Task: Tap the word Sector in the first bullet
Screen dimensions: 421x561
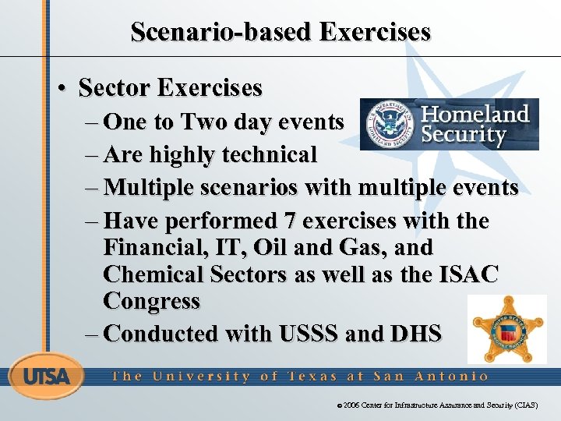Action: point(115,87)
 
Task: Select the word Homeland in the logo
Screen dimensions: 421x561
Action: point(475,114)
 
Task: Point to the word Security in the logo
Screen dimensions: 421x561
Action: point(464,135)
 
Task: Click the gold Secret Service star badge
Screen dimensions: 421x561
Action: point(506,331)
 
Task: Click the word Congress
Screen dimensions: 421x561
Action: point(151,301)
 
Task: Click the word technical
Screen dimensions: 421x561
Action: point(270,155)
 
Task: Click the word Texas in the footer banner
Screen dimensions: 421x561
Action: point(311,376)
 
